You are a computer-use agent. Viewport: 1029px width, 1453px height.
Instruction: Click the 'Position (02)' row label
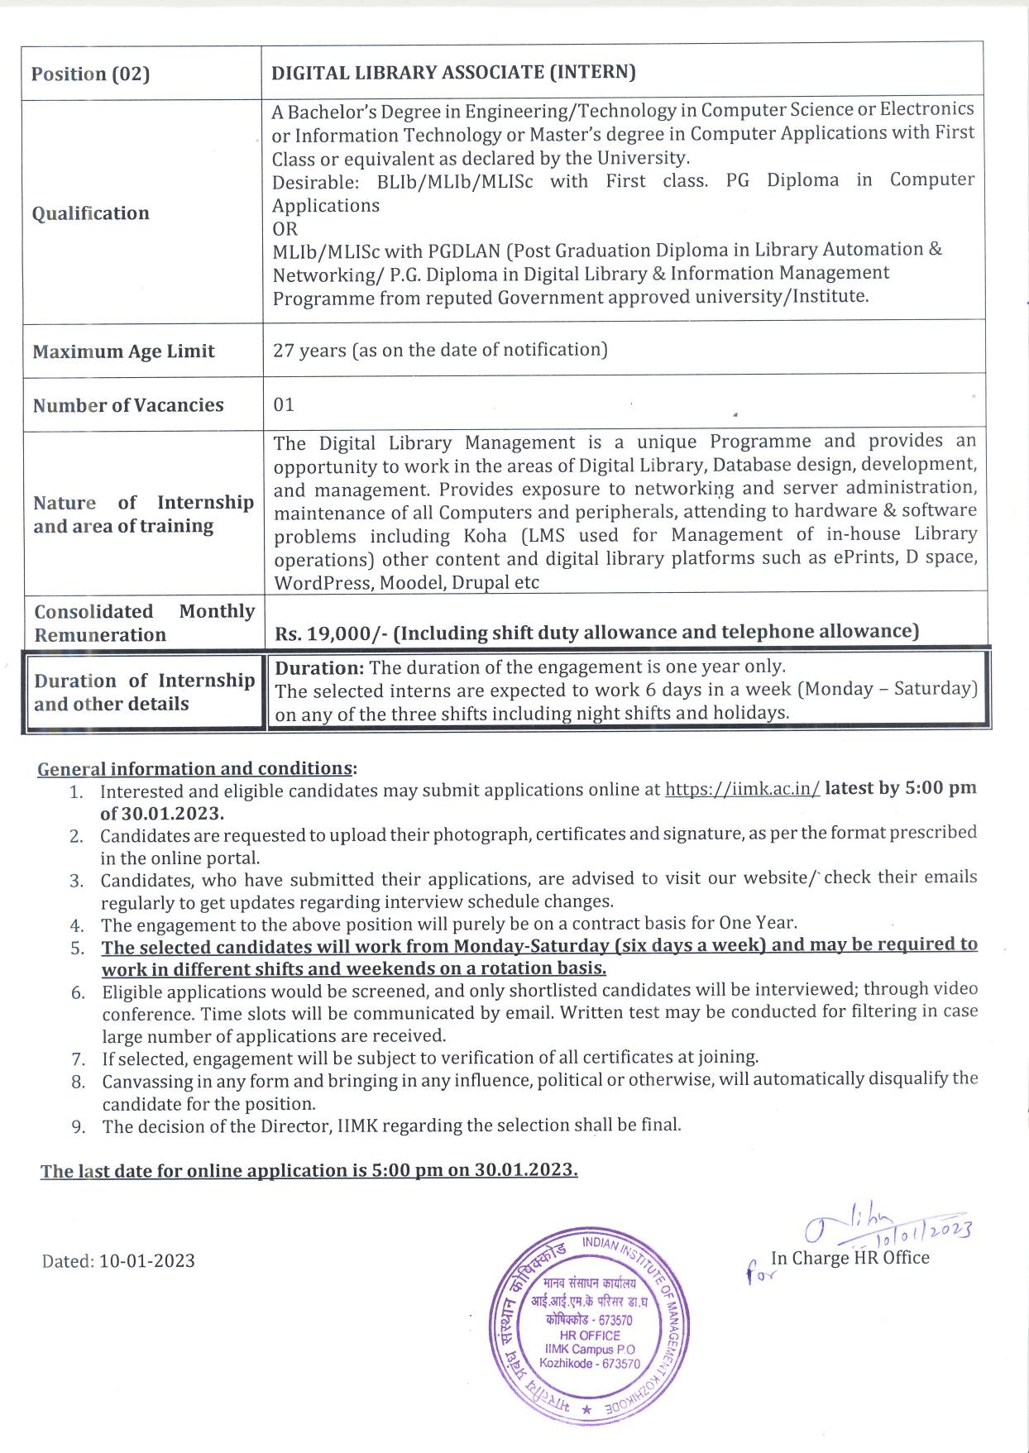coord(90,74)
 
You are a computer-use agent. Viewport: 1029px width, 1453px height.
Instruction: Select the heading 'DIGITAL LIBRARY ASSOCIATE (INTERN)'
coord(453,72)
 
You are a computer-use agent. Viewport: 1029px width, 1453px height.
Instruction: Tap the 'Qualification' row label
coord(90,213)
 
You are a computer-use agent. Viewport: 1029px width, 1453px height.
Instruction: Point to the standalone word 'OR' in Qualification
coord(285,228)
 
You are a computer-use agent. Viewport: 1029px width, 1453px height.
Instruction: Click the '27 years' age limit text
coord(309,351)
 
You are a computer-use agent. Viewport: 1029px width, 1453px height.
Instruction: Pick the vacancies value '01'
coord(284,405)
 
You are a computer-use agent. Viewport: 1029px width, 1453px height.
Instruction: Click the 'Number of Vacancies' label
coord(128,405)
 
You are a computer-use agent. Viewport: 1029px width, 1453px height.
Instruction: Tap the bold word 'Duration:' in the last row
coord(319,667)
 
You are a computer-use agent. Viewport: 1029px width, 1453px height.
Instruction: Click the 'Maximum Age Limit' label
coord(123,351)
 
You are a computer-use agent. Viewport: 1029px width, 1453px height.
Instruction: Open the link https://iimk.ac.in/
coord(742,789)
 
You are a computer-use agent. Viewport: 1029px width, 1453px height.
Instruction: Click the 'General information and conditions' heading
coord(195,768)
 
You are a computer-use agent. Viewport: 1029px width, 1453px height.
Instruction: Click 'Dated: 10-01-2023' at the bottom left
coord(118,1260)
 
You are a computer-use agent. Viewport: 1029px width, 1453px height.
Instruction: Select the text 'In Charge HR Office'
coord(850,1258)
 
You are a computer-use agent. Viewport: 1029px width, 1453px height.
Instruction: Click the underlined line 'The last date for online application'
coord(309,1170)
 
